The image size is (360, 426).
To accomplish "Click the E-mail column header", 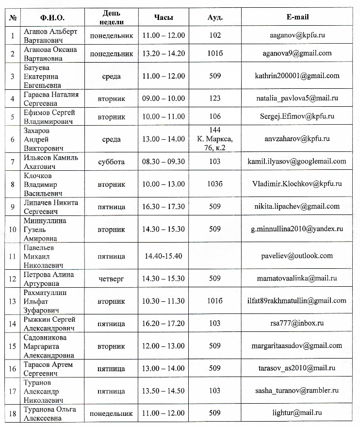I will tap(297, 17).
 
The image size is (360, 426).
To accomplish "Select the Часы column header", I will tap(164, 17).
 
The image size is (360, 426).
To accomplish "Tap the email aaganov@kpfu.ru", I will tap(297, 35).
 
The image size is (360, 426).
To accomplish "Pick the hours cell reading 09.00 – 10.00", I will tap(164, 98).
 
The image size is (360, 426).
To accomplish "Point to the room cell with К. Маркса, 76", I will tap(213, 139).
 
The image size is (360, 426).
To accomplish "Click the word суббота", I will tap(111, 162).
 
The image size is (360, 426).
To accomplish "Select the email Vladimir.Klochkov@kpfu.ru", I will tap(297, 184).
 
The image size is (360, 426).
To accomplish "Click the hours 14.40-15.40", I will tap(164, 256).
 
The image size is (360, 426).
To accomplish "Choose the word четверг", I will tap(111, 279).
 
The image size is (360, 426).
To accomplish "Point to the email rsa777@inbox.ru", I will tap(297, 323).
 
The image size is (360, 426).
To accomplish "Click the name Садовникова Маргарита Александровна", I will tap(48, 346).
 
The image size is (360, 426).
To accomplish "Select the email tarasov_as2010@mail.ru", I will tap(297, 368).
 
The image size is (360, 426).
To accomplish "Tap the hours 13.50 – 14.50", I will tap(164, 391).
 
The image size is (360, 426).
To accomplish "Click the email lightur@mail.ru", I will tap(297, 413).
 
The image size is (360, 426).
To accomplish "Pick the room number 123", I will tap(213, 98).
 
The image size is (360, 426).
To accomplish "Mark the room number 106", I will tap(213, 116).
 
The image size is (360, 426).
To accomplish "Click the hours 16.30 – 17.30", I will tap(164, 207).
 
